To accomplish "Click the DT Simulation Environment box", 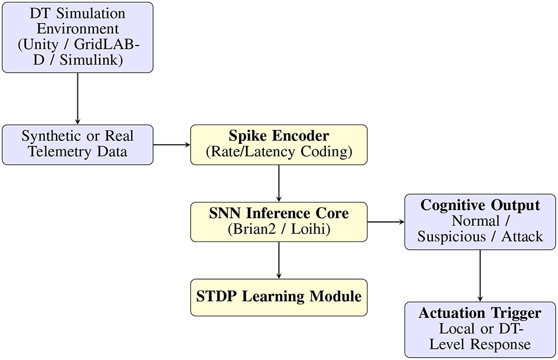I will (77, 37).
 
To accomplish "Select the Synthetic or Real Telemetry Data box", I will (77, 144).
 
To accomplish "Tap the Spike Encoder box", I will (278, 144).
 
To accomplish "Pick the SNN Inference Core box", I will (278, 221).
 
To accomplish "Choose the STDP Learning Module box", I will (278, 297).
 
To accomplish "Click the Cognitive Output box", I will (479, 221).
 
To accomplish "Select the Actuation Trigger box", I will (479, 329).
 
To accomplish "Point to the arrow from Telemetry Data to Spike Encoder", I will (172, 144).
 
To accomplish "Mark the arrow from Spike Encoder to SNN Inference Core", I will (278, 183).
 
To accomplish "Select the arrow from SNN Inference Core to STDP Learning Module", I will (278, 260).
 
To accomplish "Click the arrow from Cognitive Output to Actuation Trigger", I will (479, 275).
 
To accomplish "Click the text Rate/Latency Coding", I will (278, 152).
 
